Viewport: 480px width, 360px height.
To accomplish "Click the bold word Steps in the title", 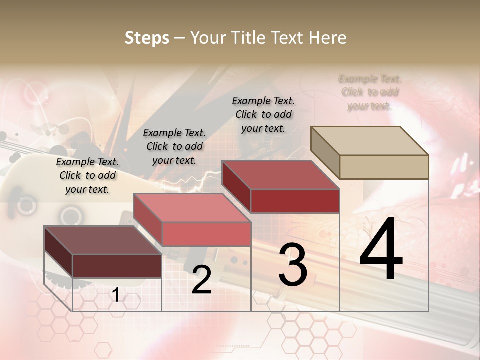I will point(147,38).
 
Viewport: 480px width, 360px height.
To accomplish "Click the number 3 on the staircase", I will point(292,265).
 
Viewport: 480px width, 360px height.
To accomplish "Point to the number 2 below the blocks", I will point(201,280).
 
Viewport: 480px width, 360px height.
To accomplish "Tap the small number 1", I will point(115,295).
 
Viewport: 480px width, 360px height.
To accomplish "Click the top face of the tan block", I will point(370,141).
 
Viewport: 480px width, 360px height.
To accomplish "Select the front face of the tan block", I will point(384,167).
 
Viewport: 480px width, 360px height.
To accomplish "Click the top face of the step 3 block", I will point(280,175).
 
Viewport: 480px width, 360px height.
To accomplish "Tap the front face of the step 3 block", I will point(295,201).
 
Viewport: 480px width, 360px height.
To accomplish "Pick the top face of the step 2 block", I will point(192,208).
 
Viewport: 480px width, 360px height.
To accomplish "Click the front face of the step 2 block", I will point(206,234).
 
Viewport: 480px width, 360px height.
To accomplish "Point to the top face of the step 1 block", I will point(102,240).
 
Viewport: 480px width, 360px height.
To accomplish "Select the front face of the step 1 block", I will point(117,266).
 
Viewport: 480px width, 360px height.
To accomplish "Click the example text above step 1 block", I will point(87,175).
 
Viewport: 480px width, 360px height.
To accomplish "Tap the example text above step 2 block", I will point(174,146).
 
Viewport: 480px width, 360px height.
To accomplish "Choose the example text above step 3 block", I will point(263,114).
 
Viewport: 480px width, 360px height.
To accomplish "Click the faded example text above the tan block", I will point(370,92).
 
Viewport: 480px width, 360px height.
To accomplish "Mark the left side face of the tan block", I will point(325,152).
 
